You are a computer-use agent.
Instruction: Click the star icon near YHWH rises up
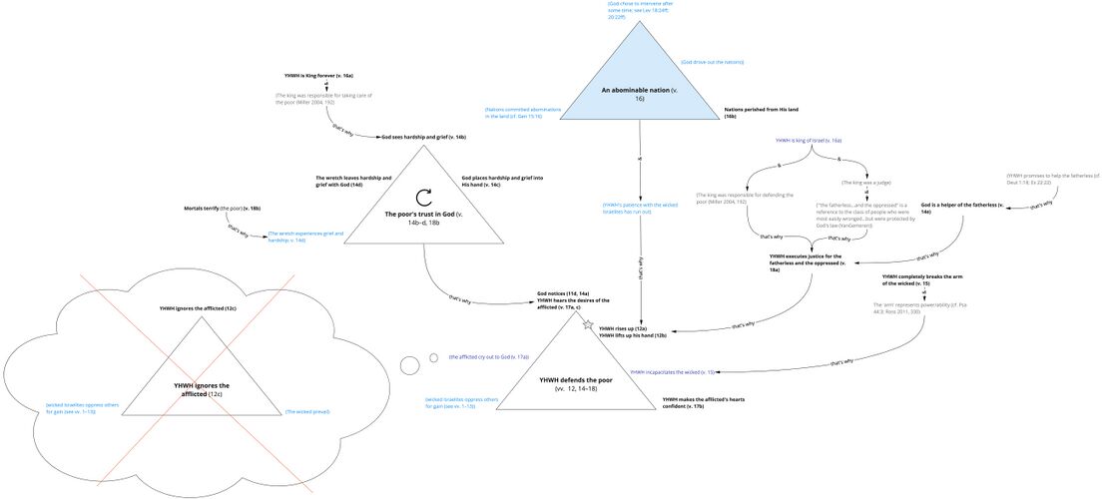click(588, 324)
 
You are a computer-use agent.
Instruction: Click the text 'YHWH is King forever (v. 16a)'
click(319, 75)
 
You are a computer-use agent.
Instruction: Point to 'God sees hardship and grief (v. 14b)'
click(424, 136)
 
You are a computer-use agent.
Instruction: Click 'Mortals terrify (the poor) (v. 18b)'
click(222, 209)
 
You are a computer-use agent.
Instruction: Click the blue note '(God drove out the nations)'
click(712, 62)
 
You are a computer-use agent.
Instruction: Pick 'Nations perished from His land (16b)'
click(757, 111)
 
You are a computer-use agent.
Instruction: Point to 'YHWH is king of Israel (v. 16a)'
click(809, 141)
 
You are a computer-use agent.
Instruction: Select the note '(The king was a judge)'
click(866, 183)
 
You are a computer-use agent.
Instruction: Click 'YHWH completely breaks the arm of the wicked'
click(919, 279)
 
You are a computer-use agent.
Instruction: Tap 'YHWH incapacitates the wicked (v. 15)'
click(673, 371)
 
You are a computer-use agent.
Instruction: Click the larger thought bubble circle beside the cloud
click(409, 365)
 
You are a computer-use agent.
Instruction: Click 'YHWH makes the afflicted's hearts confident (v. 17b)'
click(704, 402)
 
